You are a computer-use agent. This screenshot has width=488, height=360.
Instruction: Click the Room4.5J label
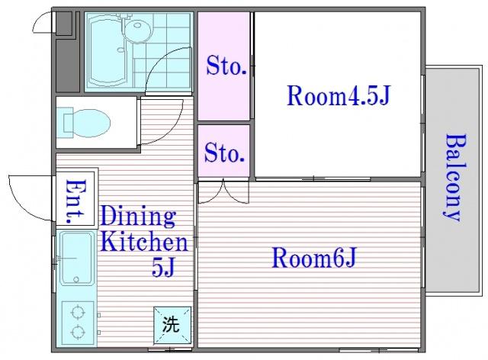coord(338,95)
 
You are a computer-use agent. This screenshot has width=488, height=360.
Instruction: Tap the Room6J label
coord(313,257)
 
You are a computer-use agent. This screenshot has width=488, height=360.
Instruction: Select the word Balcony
coord(455,178)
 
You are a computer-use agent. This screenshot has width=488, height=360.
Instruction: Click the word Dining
coord(138,217)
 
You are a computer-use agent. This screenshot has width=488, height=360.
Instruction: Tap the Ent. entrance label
coord(75,201)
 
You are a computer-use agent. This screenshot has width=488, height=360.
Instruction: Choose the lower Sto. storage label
coord(224,153)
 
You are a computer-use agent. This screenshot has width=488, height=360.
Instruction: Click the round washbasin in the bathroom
coord(138,29)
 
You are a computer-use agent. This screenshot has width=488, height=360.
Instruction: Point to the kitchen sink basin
coord(77,258)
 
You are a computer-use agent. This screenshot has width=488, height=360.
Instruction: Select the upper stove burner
coord(77,313)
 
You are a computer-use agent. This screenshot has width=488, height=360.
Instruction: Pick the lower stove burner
coord(77,332)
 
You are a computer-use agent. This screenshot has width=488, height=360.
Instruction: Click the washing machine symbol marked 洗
coord(172,324)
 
